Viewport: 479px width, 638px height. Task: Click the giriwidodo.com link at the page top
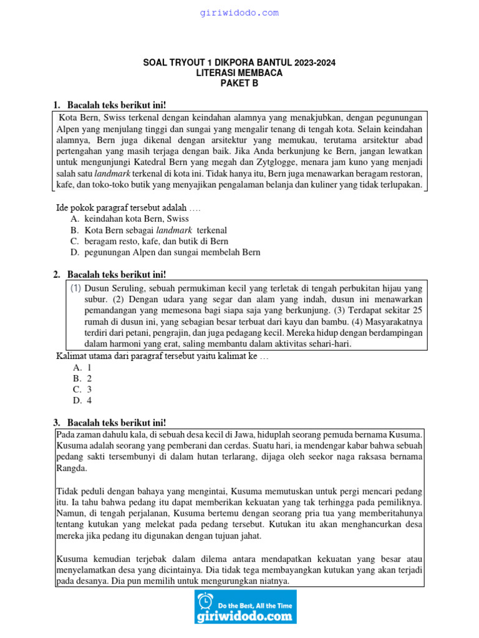[x=239, y=12]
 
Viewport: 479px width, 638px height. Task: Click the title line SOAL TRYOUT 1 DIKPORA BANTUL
[x=239, y=62]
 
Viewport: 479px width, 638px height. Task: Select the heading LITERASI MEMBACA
[x=239, y=73]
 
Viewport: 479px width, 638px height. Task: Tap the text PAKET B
[x=239, y=83]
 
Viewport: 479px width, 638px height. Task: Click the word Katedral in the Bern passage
[x=147, y=163]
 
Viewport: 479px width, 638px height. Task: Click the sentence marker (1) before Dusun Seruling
[x=75, y=288]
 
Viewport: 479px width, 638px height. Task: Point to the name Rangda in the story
[x=72, y=468]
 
